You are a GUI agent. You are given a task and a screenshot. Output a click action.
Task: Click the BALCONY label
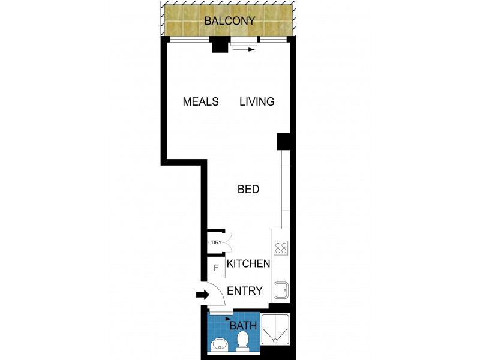[230, 21]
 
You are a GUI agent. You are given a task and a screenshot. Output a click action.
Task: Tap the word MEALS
[200, 101]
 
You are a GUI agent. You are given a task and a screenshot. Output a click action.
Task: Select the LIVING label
[257, 101]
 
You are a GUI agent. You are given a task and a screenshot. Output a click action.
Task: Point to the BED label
[248, 190]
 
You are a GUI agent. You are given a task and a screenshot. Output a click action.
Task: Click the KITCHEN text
[248, 263]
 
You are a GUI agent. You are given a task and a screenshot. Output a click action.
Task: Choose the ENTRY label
[245, 291]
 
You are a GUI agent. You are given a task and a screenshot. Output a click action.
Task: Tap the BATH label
[244, 326]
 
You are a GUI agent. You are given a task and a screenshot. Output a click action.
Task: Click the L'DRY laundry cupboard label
[215, 243]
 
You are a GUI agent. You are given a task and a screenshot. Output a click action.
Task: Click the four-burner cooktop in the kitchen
[281, 247]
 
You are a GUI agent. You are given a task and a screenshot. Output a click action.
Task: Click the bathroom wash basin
[219, 344]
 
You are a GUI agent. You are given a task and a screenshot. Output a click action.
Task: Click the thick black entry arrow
[202, 295]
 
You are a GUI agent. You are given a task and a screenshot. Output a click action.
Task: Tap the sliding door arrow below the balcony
[243, 50]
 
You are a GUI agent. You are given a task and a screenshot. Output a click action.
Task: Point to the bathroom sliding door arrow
[220, 319]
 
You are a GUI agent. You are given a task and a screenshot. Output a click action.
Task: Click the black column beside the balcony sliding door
[220, 45]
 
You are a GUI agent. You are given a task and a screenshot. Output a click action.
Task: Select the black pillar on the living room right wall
[284, 142]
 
